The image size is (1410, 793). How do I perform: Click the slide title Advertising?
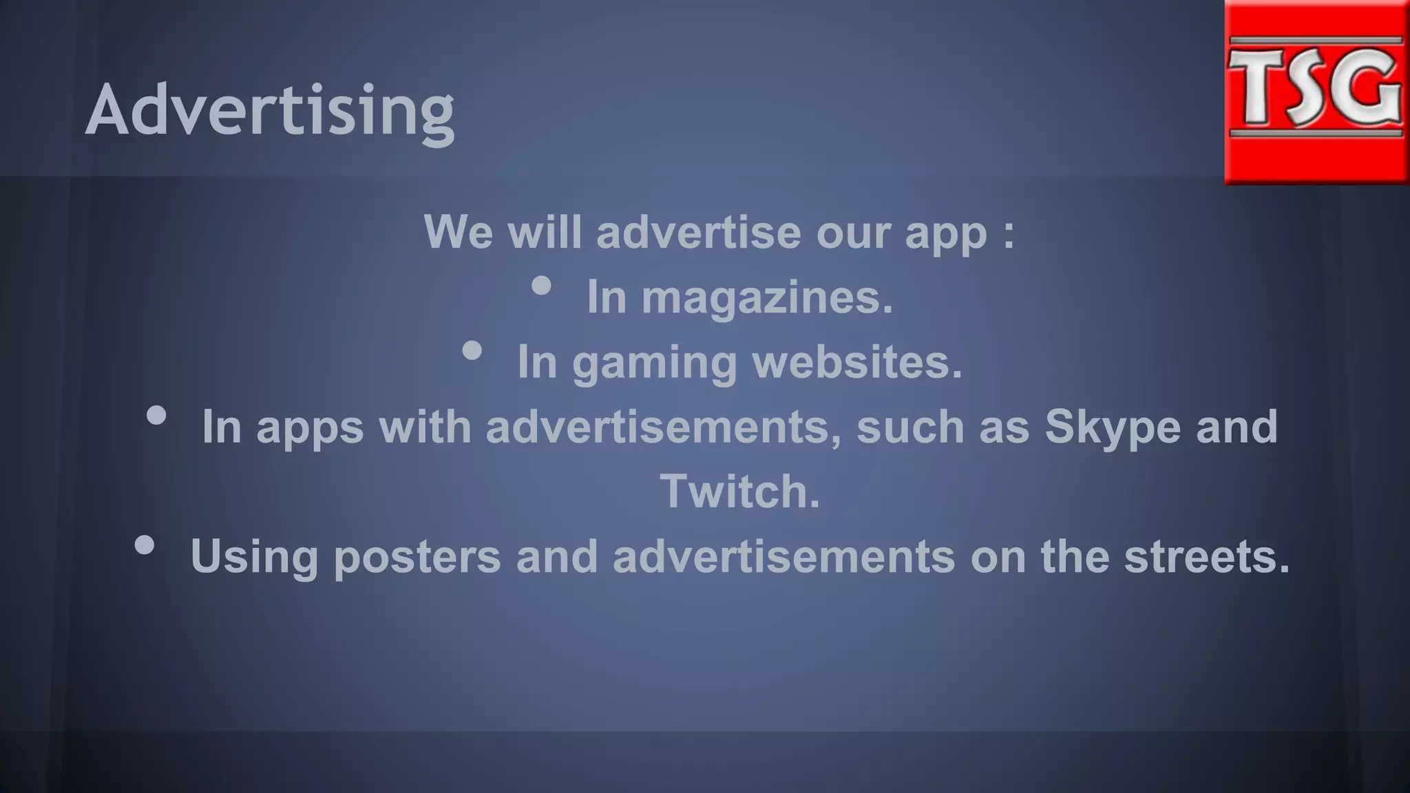tap(269, 110)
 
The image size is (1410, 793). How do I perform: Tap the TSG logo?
tap(1316, 92)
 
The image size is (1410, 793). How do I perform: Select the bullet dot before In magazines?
tap(542, 286)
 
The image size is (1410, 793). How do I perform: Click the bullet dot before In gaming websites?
tap(472, 351)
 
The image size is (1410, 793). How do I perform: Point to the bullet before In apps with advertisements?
tap(156, 415)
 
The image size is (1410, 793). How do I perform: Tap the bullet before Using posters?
tap(145, 545)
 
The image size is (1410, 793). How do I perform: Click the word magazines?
tap(767, 297)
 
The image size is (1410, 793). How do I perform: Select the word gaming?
tap(654, 363)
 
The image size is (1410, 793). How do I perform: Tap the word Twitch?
tap(740, 491)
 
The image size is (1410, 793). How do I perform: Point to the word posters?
tap(417, 556)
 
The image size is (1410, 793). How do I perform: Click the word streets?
tap(1206, 556)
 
